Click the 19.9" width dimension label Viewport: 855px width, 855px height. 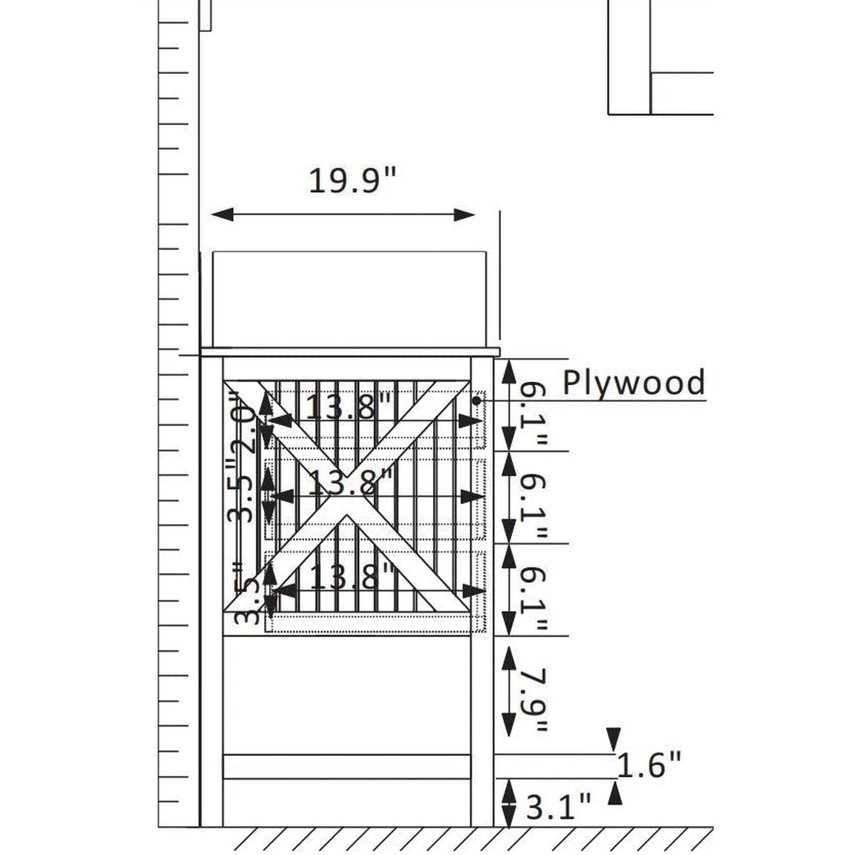[x=352, y=180]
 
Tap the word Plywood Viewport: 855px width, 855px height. [x=634, y=382]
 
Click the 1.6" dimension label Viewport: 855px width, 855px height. [x=648, y=764]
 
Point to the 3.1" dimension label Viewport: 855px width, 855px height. [x=558, y=806]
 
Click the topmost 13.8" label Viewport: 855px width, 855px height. [x=349, y=406]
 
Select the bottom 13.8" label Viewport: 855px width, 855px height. [x=352, y=576]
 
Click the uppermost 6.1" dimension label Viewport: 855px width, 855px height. [x=534, y=414]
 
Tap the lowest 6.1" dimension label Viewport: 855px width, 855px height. [x=534, y=599]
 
